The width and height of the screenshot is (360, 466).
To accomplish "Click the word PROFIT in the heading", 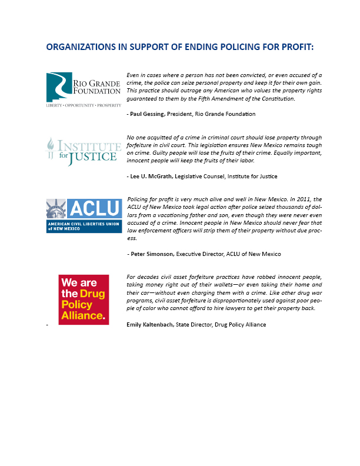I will pyautogui.click(x=292, y=47).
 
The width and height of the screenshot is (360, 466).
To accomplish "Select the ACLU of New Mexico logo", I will pyautogui.click(x=84, y=216).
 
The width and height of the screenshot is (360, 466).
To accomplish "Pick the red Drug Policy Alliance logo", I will pyautogui.click(x=83, y=299).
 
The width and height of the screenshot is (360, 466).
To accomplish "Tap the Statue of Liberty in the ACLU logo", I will pyautogui.click(x=57, y=211).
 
